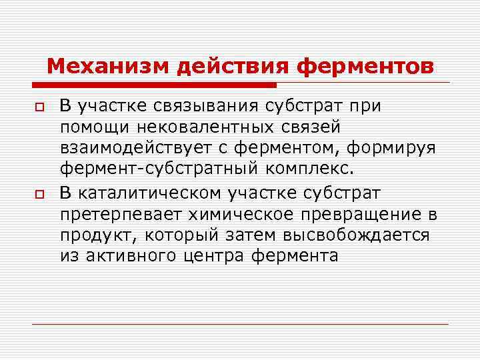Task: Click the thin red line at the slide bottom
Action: coord(240,324)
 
